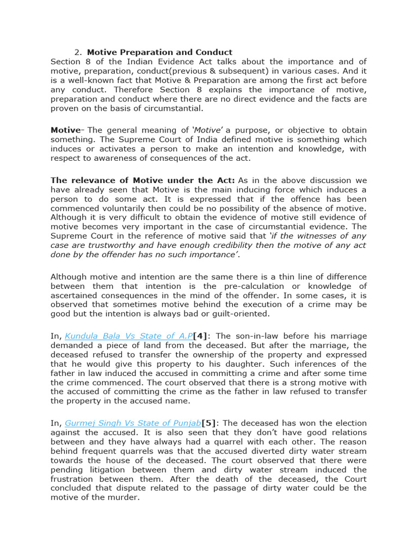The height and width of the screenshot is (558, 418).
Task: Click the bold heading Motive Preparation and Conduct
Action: point(159,52)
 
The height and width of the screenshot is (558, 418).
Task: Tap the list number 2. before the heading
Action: point(78,52)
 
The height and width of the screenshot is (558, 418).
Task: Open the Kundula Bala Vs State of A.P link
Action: point(129,336)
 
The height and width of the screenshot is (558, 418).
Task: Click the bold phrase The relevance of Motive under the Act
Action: point(143,180)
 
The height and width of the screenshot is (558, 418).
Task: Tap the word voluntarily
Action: point(128,208)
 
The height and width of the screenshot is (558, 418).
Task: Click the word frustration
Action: point(73,479)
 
